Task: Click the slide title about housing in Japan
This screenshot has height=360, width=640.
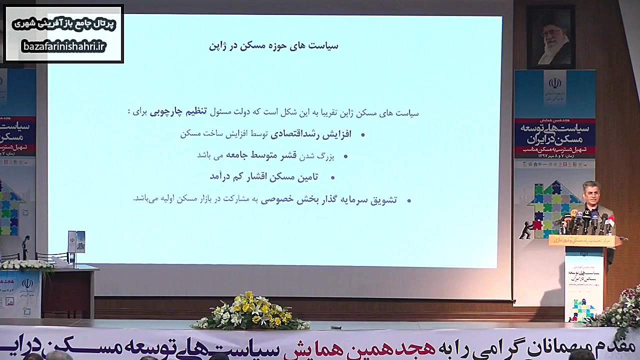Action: coord(273,46)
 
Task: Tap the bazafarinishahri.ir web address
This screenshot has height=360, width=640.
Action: coord(63,46)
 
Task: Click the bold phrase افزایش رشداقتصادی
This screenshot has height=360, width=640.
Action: coord(311,134)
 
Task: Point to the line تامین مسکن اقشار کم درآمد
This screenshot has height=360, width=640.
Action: coord(264,176)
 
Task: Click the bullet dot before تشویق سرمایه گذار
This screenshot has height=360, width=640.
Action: coord(408,200)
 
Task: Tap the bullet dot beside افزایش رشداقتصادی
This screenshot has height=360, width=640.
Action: coord(362,135)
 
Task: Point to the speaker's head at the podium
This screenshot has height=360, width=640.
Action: coord(591,192)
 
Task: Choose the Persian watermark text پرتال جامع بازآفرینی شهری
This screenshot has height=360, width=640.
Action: coord(63,24)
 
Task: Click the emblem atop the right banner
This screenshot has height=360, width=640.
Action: coord(554,83)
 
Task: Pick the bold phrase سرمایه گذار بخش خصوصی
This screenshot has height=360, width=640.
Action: coord(303,199)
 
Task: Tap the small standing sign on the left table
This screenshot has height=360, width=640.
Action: coord(76,242)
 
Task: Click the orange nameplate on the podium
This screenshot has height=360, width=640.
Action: coord(583,240)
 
